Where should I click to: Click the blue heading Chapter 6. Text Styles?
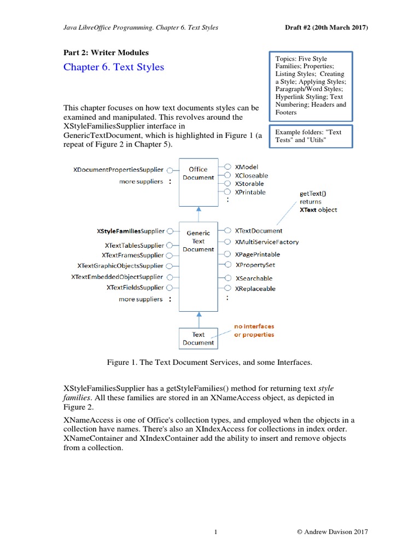114,67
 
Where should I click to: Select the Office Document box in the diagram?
198,183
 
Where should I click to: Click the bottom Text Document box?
198,339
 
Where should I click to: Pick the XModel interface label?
247,167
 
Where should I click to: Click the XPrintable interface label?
250,192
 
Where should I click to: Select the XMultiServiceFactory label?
267,242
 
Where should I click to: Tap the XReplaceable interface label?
255,288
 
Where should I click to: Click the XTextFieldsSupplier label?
135,287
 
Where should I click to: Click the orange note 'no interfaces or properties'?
254,330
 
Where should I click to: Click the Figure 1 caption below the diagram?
209,363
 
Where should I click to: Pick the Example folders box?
311,136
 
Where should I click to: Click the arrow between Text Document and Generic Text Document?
199,319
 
